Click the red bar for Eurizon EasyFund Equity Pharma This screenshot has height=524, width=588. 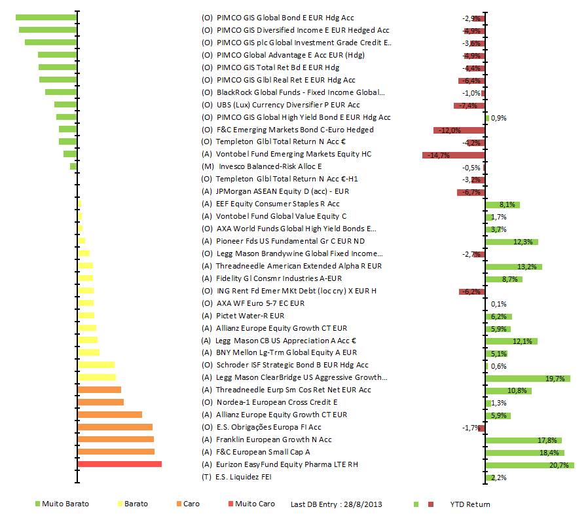(119, 464)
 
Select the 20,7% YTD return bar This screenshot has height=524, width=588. (530, 465)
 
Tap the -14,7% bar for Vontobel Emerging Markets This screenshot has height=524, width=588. (454, 155)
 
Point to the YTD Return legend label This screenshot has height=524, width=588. (469, 504)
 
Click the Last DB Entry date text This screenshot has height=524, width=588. (337, 504)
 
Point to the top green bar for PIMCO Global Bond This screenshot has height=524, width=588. (46, 17)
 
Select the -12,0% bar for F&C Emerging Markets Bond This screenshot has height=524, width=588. (459, 130)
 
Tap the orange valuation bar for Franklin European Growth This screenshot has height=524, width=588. (115, 440)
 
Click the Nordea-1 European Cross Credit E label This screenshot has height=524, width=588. (277, 402)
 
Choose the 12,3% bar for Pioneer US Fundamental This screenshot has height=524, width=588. (511, 242)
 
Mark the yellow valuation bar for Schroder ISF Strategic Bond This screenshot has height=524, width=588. (96, 365)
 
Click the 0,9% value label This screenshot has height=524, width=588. (498, 118)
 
